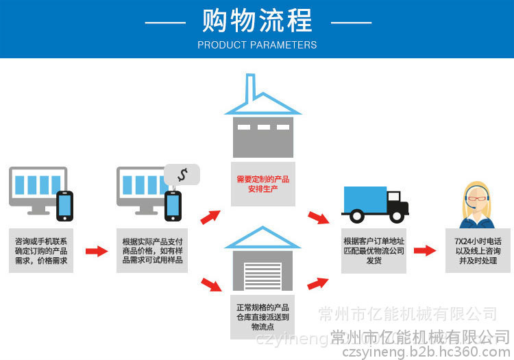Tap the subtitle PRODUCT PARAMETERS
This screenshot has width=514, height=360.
(257, 45)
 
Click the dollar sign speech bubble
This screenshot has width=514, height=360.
(182, 174)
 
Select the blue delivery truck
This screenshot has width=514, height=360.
(374, 204)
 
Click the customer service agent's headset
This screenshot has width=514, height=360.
(467, 198)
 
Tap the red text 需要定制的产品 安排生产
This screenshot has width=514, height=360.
(262, 183)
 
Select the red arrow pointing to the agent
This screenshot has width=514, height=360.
(425, 251)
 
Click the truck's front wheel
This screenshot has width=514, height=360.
(395, 217)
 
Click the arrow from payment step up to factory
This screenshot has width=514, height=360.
(210, 217)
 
